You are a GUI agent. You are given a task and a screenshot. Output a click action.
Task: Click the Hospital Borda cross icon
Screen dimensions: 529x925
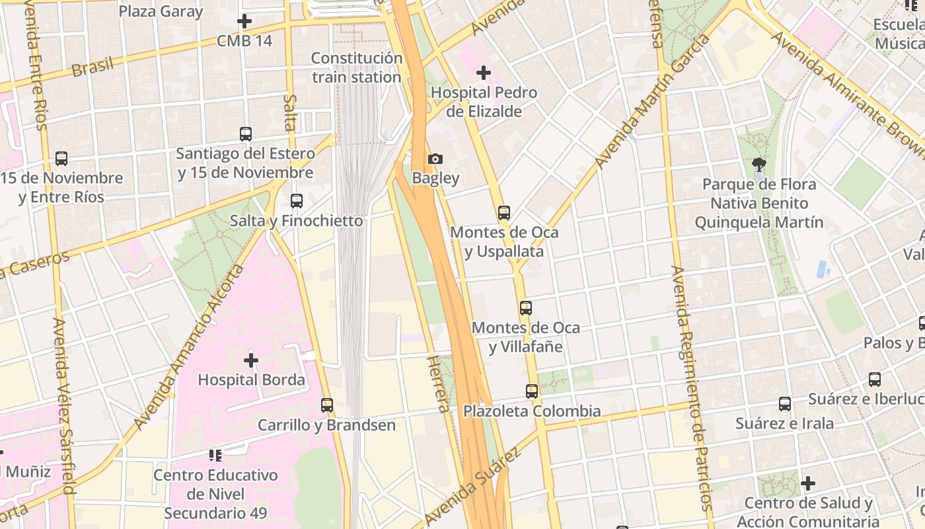click(x=251, y=360)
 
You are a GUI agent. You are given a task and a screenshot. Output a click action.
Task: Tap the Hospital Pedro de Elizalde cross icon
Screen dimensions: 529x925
click(x=484, y=73)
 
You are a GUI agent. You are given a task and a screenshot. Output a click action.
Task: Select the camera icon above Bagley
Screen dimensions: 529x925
click(x=435, y=159)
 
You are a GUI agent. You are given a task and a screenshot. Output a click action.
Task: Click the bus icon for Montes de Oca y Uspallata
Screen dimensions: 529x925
click(x=504, y=213)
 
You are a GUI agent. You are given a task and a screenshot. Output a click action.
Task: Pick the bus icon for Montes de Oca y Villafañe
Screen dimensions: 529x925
click(x=526, y=308)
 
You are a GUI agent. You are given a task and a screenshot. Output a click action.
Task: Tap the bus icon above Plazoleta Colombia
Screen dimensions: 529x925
click(x=532, y=391)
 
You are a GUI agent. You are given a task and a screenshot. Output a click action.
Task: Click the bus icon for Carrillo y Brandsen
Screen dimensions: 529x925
click(x=327, y=405)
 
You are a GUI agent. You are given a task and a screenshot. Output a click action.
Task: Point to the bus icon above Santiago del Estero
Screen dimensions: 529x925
click(x=246, y=134)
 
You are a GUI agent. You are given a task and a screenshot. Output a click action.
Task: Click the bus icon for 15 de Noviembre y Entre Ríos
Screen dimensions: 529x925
click(x=61, y=159)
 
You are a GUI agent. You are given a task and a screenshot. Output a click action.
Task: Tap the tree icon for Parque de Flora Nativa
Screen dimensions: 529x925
click(x=758, y=165)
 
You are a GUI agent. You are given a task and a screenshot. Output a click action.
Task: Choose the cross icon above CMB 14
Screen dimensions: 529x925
click(x=244, y=21)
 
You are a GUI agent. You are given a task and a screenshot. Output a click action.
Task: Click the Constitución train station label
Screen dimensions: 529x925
click(x=356, y=67)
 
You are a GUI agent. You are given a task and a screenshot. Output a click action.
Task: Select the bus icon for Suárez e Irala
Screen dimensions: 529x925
click(x=785, y=404)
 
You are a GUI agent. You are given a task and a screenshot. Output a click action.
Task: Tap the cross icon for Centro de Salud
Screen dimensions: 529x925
click(x=808, y=483)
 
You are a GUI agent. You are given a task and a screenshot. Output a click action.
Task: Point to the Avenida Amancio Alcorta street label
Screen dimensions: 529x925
click(x=188, y=348)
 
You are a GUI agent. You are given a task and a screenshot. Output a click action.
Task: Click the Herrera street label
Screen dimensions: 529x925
click(x=439, y=384)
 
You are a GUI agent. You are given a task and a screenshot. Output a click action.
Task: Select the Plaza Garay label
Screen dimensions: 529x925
click(x=161, y=11)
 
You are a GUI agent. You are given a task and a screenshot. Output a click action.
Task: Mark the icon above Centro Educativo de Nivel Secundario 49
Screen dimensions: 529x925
click(x=215, y=455)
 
